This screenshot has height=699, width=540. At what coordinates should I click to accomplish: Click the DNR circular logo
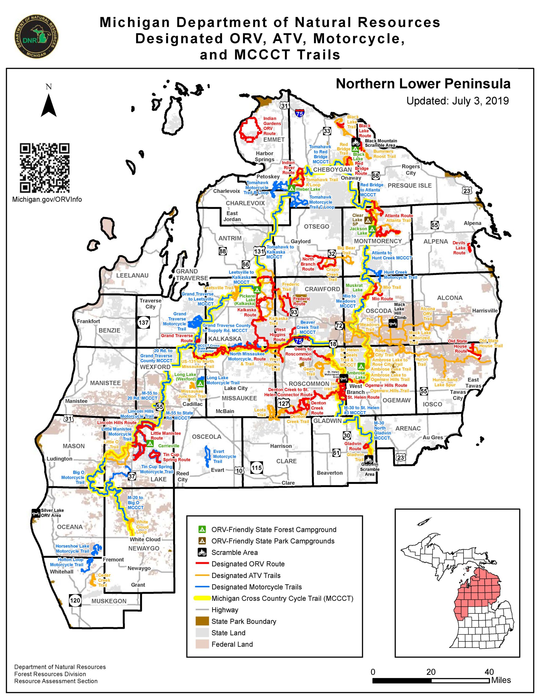36,37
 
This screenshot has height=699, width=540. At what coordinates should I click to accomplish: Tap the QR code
44,168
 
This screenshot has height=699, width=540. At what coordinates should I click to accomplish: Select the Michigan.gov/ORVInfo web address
47,199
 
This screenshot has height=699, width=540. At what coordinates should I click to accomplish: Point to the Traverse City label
150,303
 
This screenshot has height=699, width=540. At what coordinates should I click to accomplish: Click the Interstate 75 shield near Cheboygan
299,113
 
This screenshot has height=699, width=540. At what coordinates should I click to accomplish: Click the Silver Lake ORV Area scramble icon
35,513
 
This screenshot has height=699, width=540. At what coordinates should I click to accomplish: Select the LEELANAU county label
132,275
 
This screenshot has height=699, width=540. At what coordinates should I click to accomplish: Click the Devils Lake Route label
459,248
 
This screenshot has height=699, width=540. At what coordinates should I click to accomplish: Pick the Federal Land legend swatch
202,644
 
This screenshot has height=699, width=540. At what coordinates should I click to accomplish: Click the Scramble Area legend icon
202,552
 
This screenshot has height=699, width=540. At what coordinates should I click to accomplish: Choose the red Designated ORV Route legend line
202,564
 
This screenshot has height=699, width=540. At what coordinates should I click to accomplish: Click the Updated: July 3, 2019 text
457,101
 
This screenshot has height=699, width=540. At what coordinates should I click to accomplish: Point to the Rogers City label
411,170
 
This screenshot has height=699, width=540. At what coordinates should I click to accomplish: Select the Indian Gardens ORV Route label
272,126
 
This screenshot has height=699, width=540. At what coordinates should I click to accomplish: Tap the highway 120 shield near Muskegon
75,600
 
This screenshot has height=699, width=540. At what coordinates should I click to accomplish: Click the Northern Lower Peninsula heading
423,84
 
